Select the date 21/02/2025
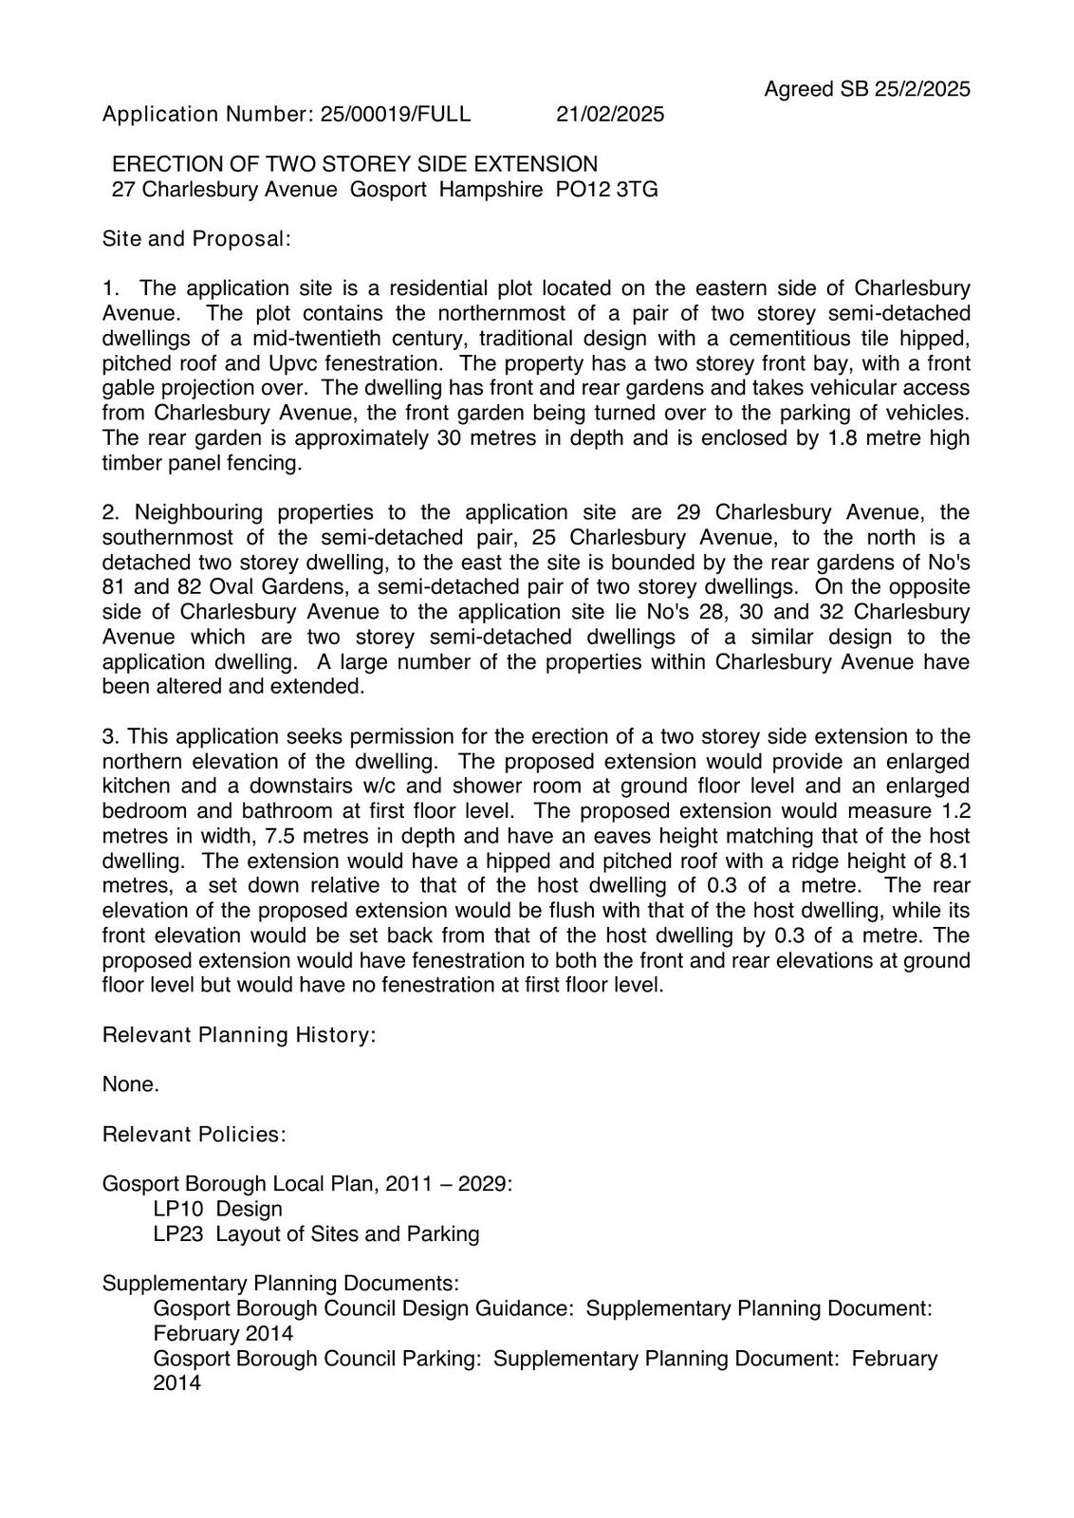(610, 115)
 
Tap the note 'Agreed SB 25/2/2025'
(867, 89)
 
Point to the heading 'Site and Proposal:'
(196, 239)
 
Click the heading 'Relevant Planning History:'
(239, 1035)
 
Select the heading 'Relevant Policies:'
(194, 1135)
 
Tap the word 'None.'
(131, 1084)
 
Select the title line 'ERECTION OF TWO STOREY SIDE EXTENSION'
(355, 165)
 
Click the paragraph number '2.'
(111, 513)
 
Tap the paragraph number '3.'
(111, 737)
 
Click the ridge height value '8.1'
(953, 861)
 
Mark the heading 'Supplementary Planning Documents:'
(281, 1284)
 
